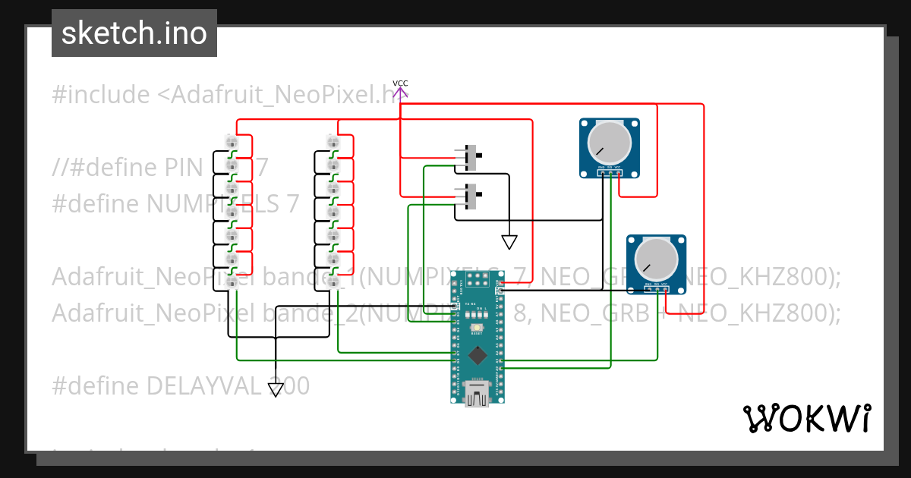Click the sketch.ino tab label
[x=134, y=33]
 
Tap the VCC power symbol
[x=400, y=90]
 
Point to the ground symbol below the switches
[x=509, y=242]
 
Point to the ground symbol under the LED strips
[x=276, y=389]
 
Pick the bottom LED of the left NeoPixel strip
[x=232, y=281]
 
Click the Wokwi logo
[x=806, y=418]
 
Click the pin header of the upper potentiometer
[x=610, y=172]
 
